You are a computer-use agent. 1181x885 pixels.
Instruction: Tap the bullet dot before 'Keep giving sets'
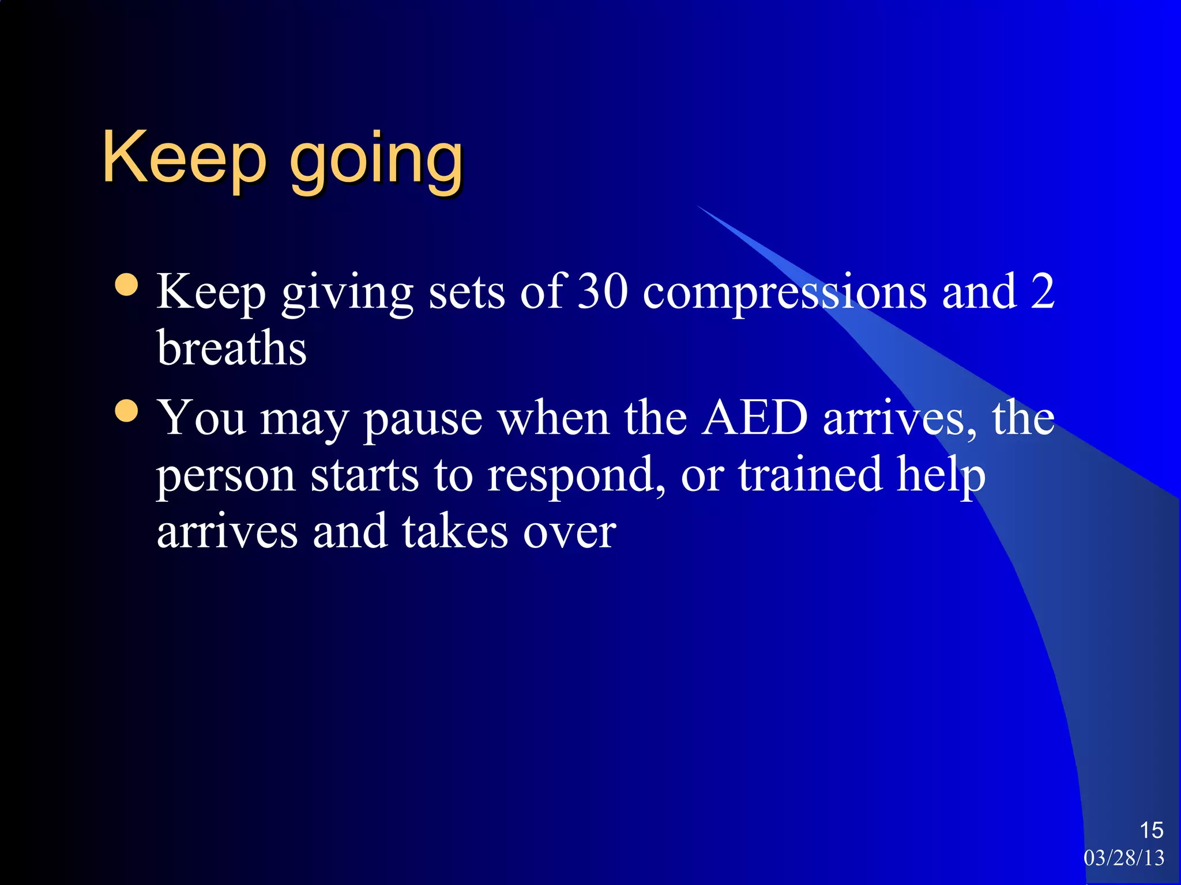pyautogui.click(x=126, y=285)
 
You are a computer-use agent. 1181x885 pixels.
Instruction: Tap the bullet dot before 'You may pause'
pyautogui.click(x=126, y=411)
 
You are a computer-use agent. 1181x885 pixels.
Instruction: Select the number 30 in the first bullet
pyautogui.click(x=602, y=292)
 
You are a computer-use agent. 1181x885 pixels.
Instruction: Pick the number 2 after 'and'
pyautogui.click(x=1042, y=292)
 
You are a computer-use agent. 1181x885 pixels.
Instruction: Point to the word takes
pyautogui.click(x=455, y=531)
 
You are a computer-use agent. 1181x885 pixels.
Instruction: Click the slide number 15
pyautogui.click(x=1151, y=830)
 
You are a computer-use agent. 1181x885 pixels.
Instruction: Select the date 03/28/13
pyautogui.click(x=1124, y=858)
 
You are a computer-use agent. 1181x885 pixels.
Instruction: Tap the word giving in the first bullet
pyautogui.click(x=347, y=294)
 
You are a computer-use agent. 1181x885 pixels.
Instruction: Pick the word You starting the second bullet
pyautogui.click(x=202, y=417)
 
